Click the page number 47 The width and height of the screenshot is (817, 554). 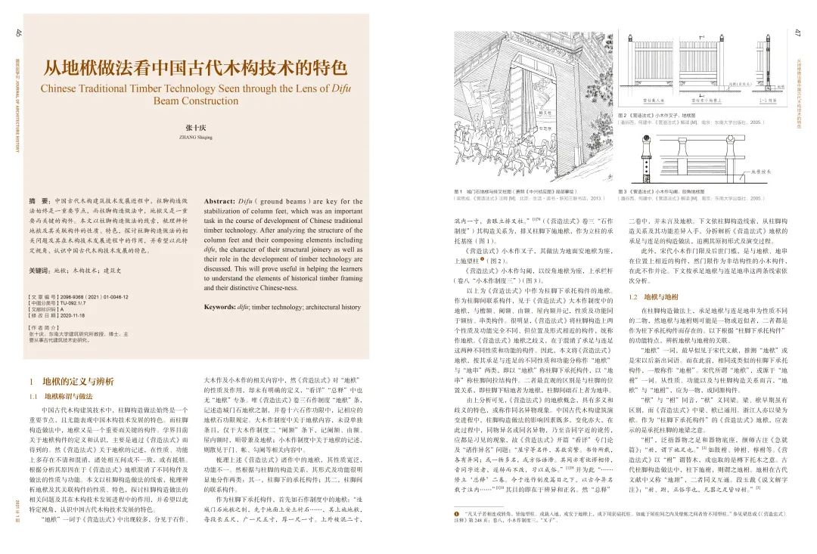(x=797, y=32)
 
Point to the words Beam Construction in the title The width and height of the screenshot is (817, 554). (x=195, y=101)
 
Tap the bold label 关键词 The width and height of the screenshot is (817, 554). (x=42, y=270)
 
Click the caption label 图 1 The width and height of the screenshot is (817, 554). (x=458, y=192)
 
